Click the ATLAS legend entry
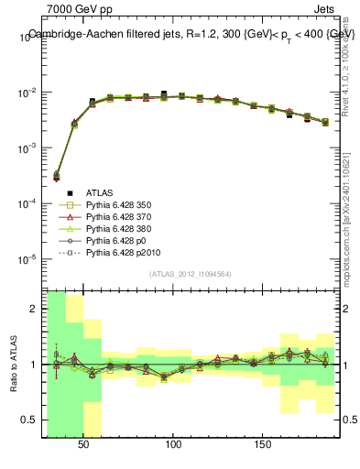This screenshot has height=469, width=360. point(99,192)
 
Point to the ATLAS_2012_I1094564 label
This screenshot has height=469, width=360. point(191,274)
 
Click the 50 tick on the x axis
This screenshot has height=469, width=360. point(84,443)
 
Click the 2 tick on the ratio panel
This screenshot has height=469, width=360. point(34,309)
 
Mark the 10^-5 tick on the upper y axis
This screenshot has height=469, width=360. point(27,258)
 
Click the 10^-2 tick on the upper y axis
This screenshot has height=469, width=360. point(27,93)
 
